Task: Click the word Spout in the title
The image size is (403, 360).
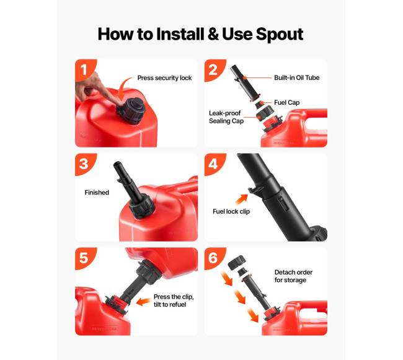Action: click(280, 34)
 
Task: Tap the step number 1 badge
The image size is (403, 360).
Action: click(84, 69)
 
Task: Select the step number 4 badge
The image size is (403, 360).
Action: click(214, 164)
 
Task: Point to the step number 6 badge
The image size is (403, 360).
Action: click(214, 258)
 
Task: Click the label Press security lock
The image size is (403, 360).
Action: click(164, 78)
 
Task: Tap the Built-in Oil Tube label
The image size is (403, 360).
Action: click(296, 77)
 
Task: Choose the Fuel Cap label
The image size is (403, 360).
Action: click(286, 102)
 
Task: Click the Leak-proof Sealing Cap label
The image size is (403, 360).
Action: click(226, 117)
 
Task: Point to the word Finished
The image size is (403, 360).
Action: click(97, 192)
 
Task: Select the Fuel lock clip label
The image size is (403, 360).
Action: click(231, 211)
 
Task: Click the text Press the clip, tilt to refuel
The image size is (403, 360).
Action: click(174, 301)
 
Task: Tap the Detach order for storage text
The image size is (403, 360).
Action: click(293, 276)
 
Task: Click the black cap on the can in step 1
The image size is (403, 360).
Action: click(131, 110)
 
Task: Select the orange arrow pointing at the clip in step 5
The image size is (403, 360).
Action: click(143, 302)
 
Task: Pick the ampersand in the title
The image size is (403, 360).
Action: click(213, 34)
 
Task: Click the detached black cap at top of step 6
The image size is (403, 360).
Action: click(237, 263)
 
